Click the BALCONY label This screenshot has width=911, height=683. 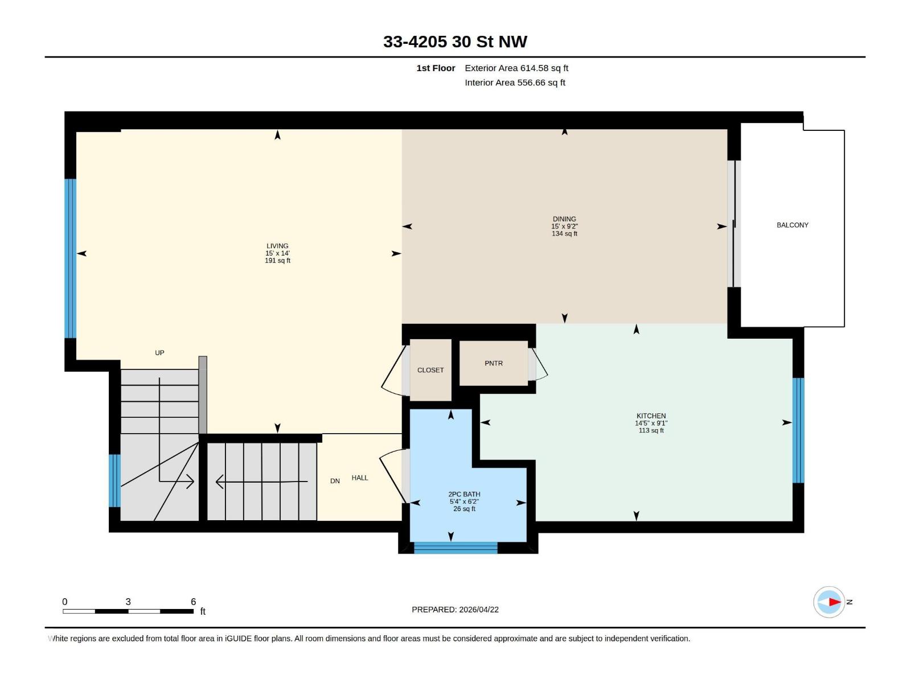click(x=792, y=225)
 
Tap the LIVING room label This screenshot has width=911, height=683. click(x=277, y=246)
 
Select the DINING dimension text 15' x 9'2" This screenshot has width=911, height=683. click(x=564, y=227)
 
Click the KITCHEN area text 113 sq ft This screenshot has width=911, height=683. click(x=651, y=431)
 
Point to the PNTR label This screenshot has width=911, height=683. click(x=494, y=363)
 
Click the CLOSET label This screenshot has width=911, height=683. click(x=430, y=370)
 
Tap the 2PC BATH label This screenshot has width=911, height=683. click(x=464, y=494)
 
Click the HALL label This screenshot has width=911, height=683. click(x=360, y=478)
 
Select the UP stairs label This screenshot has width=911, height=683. click(x=159, y=353)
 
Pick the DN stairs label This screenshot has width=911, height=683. click(x=335, y=481)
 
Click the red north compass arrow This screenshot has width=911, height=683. click(x=834, y=602)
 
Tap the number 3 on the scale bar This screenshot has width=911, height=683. click(x=128, y=602)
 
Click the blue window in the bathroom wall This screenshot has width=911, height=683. click(x=455, y=548)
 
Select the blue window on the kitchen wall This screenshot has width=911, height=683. click(x=798, y=430)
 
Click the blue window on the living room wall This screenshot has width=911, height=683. click(x=70, y=258)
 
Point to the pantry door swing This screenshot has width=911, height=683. click(x=539, y=365)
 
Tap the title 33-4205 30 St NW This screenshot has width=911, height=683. click(x=455, y=42)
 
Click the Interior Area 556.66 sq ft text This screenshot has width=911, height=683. click(x=515, y=83)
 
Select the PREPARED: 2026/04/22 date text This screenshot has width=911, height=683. click(x=455, y=610)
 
